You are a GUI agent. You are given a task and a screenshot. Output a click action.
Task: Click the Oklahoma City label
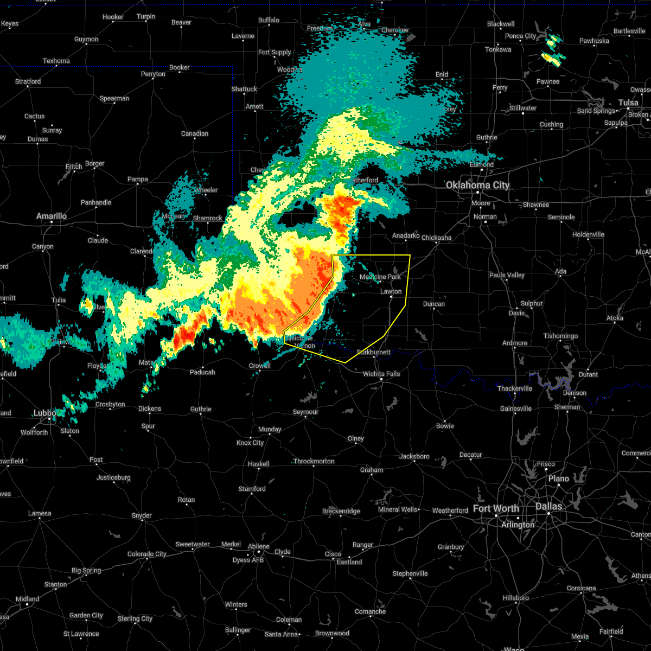pos(477,186)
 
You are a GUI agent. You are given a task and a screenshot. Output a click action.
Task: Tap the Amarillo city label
pos(52,216)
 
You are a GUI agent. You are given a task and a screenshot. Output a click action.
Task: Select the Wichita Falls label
pos(381,374)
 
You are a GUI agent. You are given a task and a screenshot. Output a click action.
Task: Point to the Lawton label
pos(391,291)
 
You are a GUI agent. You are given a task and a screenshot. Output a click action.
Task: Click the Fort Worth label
pos(496,508)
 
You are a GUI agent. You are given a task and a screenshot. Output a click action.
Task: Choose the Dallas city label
pos(548,506)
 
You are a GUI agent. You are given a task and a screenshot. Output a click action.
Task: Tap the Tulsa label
pos(628,103)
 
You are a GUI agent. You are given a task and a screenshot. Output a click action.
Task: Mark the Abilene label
pos(259,546)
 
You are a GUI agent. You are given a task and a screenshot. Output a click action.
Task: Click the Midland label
pos(27,599)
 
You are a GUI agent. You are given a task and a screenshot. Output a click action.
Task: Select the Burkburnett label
pos(374,352)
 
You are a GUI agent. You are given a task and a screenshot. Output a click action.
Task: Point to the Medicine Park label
pos(380,277)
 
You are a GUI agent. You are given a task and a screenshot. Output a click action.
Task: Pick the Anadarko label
pos(406,235)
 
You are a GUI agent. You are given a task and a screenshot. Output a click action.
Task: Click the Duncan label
pos(433,304)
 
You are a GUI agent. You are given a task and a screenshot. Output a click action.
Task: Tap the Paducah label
pos(202,372)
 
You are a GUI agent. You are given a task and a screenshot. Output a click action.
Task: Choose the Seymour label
pos(305,412)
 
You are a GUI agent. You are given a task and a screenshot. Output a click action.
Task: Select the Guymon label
pos(86,39)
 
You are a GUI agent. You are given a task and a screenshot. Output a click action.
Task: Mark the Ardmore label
pos(515,343)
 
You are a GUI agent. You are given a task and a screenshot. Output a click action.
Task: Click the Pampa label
pos(137,180)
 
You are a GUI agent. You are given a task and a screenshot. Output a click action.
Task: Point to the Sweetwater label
pos(192,544)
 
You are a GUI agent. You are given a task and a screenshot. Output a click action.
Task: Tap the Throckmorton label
pos(314,461)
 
